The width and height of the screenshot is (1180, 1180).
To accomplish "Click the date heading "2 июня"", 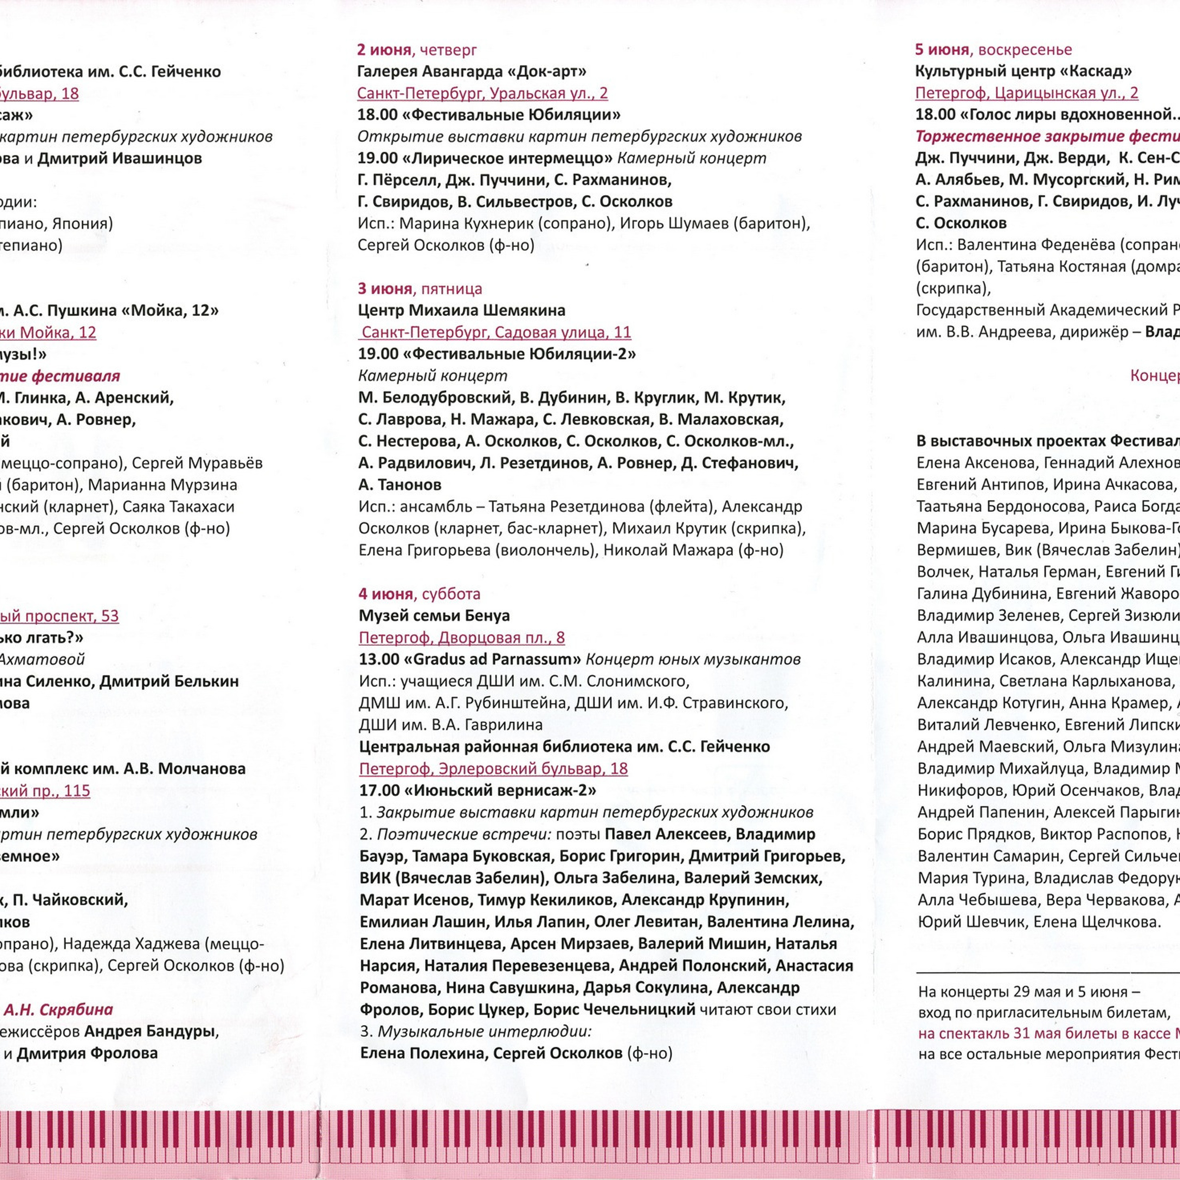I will click(x=383, y=50).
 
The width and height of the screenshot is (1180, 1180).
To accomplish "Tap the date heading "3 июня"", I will click(x=385, y=289).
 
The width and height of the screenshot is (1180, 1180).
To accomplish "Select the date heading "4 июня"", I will click(x=385, y=594).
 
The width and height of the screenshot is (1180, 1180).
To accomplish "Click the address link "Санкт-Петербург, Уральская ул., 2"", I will click(x=483, y=94).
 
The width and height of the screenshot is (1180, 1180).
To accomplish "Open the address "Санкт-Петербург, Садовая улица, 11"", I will click(x=496, y=332).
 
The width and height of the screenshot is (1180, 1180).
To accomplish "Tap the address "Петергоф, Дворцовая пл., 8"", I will click(x=462, y=637).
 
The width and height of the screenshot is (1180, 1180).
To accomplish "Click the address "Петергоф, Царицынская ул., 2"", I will click(x=1027, y=94).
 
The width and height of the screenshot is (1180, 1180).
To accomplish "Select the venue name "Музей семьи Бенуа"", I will click(x=434, y=616).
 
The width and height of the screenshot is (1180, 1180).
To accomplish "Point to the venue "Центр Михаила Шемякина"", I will click(x=462, y=310).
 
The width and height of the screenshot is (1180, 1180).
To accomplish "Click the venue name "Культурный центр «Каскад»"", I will click(x=1024, y=71).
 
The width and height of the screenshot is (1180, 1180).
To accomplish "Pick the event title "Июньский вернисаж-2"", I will click(x=500, y=791).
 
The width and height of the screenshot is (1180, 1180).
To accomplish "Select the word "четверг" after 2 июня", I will click(x=448, y=50).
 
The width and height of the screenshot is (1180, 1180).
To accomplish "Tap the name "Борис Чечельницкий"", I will click(x=614, y=1009).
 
